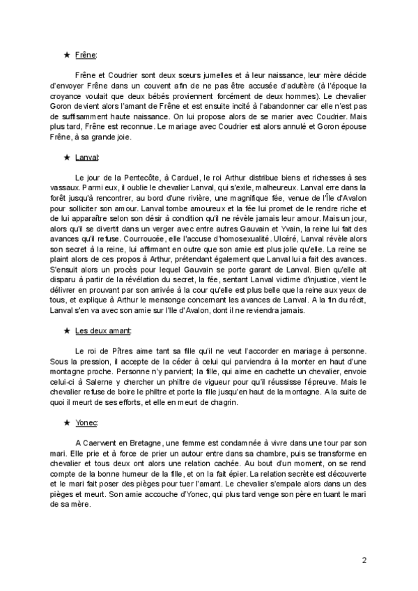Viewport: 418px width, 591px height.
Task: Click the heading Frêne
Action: coord(86,54)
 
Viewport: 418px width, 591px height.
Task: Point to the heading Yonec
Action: coord(86,423)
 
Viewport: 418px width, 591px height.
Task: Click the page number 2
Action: coord(364,560)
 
